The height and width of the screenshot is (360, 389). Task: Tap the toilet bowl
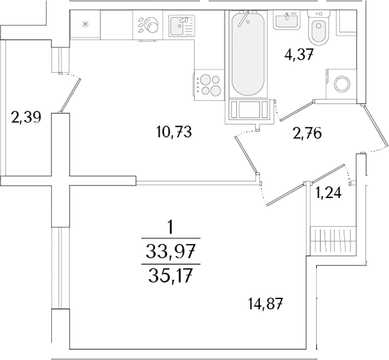(x=318, y=28)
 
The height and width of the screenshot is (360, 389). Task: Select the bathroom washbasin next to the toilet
(x=287, y=20)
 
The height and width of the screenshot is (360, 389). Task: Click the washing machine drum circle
(x=342, y=83)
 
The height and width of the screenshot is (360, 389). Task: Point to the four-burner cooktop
(x=209, y=85)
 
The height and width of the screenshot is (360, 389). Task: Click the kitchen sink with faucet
(x=182, y=26)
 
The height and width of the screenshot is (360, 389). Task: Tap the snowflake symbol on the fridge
(x=85, y=24)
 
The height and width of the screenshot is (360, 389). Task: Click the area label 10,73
(x=174, y=132)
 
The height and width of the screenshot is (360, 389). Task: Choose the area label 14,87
(x=265, y=304)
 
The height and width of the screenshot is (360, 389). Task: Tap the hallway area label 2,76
(x=307, y=133)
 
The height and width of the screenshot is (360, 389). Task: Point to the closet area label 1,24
(x=328, y=193)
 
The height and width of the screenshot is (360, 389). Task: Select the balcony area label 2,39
(x=26, y=117)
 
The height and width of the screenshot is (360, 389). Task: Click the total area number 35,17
(x=171, y=277)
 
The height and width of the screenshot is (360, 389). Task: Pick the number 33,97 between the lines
(x=171, y=251)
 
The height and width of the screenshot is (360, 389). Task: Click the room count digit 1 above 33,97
(x=170, y=228)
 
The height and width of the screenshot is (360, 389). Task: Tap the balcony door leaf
(x=70, y=95)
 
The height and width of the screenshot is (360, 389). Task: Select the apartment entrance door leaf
(x=375, y=126)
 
